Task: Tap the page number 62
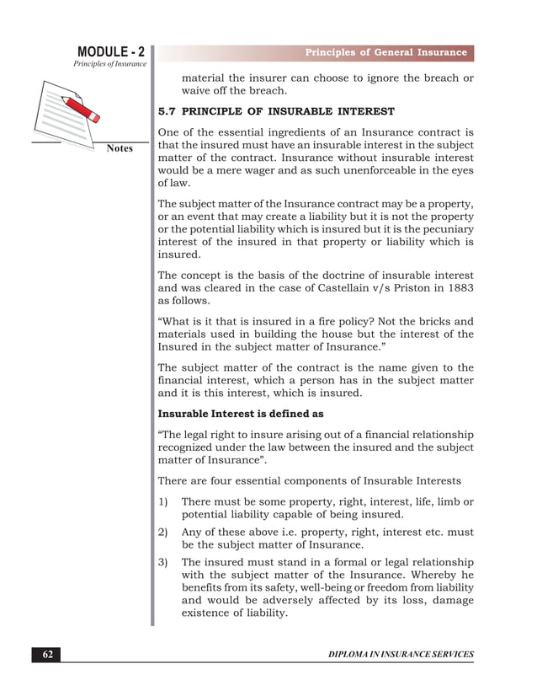(x=46, y=654)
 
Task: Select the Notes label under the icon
(x=120, y=149)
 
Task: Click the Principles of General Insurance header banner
(x=385, y=52)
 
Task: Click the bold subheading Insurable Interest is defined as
(x=240, y=414)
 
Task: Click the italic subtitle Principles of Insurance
(x=109, y=65)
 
